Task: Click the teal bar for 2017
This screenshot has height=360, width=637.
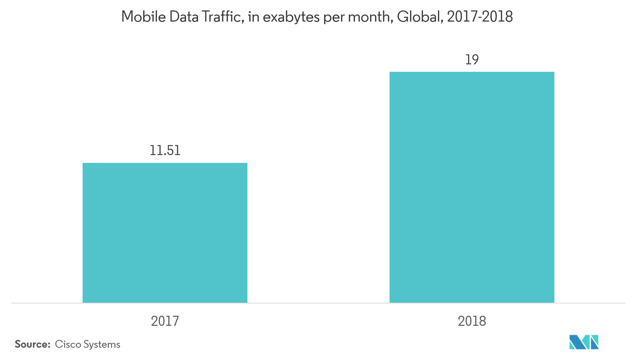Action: (165, 232)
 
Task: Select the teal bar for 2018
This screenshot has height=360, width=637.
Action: (472, 187)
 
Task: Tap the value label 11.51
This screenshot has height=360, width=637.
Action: (165, 151)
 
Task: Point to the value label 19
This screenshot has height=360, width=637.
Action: (472, 60)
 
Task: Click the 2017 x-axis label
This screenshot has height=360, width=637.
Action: (165, 321)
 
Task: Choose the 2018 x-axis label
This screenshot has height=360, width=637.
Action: (472, 321)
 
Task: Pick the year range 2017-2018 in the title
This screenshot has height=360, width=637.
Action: (480, 17)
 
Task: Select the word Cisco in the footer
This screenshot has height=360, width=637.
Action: (68, 344)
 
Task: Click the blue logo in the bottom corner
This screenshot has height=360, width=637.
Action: (584, 342)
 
